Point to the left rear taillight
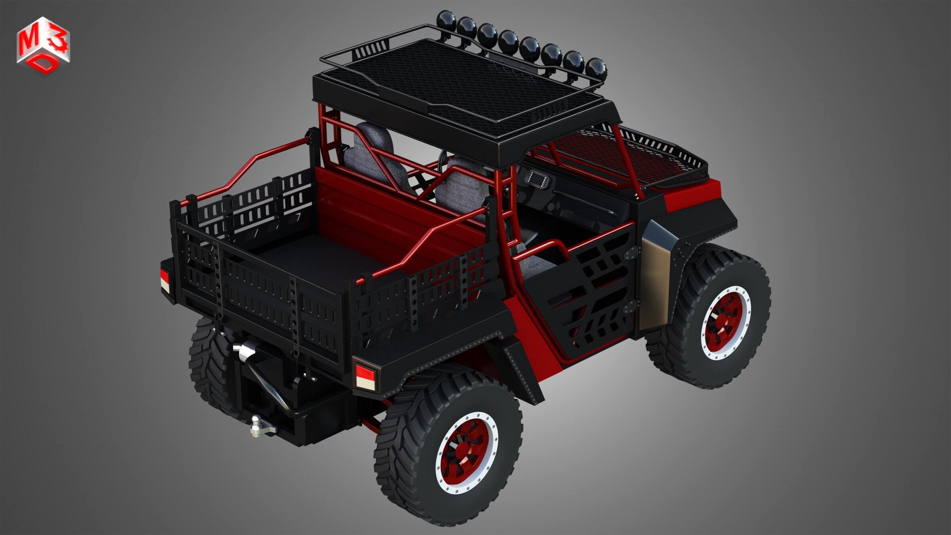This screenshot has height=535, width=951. pyautogui.click(x=164, y=280)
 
